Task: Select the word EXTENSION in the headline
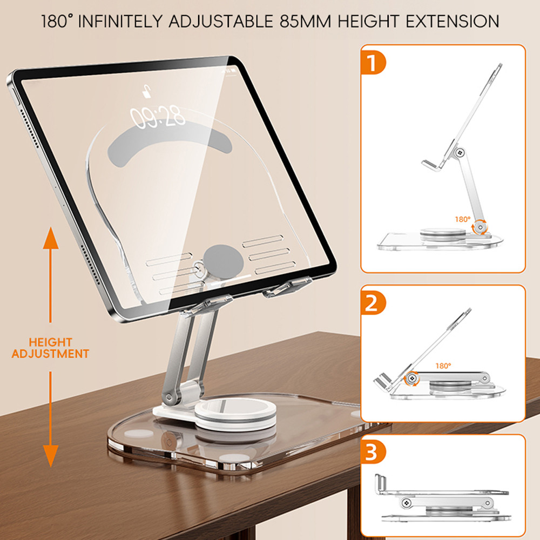pos(452,22)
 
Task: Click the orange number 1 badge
pos(373,62)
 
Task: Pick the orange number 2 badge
pos(373,303)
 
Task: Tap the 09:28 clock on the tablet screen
pos(157,117)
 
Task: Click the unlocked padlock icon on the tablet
pos(147,92)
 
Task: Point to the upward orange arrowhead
pos(51,238)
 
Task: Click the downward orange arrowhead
pos(51,456)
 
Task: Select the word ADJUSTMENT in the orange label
pos(50,354)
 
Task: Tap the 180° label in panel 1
pos(463,219)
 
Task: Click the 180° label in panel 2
pos(443,366)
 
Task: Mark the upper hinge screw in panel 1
pos(460,152)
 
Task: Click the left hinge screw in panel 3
pos(407,503)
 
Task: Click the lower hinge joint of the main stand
pos(168,397)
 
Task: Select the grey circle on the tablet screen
pos(223,262)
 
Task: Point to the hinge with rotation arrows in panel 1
pos(480,227)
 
